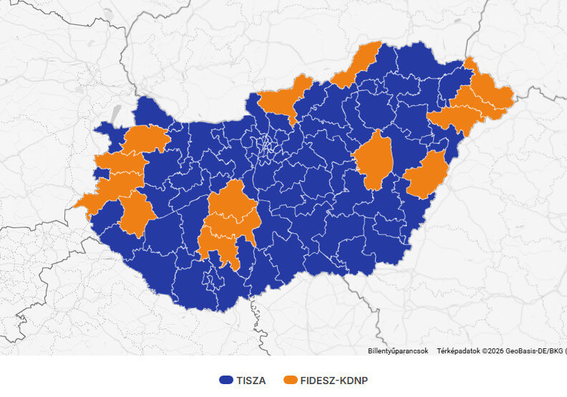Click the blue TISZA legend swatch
click(x=227, y=381)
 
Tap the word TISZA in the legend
click(x=251, y=381)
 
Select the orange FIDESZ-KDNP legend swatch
click(x=291, y=381)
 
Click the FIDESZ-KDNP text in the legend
click(x=334, y=381)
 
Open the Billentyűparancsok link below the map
click(x=398, y=351)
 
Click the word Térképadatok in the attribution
click(x=458, y=351)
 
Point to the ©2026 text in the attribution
click(x=493, y=351)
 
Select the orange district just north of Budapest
click(x=283, y=99)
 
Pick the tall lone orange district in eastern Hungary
click(x=374, y=160)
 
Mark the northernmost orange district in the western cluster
click(x=147, y=139)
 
